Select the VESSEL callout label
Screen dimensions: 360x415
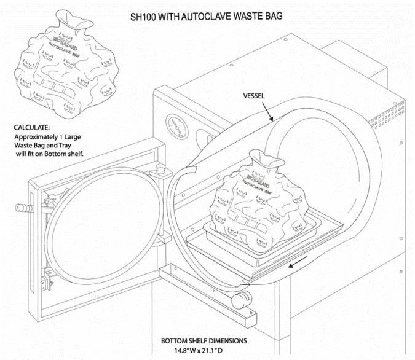[x=256, y=96]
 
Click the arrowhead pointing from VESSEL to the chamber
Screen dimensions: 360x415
[x=271, y=119]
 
